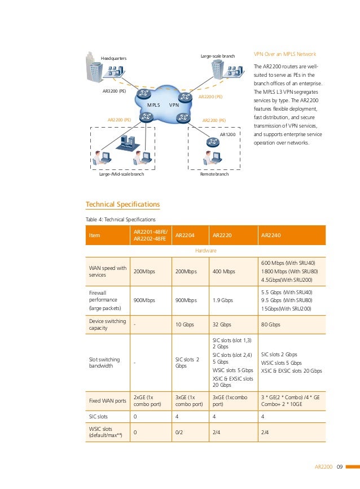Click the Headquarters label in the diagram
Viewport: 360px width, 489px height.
pos(113,58)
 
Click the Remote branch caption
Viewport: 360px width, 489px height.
pos(214,174)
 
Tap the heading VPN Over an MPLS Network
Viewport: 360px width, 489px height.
pos(284,54)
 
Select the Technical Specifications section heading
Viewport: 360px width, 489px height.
pos(122,204)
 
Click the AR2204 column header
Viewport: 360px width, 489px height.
pos(186,235)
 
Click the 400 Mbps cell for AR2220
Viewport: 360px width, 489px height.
pos(223,272)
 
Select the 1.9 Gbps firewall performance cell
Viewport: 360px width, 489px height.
pos(222,300)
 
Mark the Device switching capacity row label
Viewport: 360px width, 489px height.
pos(107,325)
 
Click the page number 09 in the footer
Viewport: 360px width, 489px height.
pos(340,466)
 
